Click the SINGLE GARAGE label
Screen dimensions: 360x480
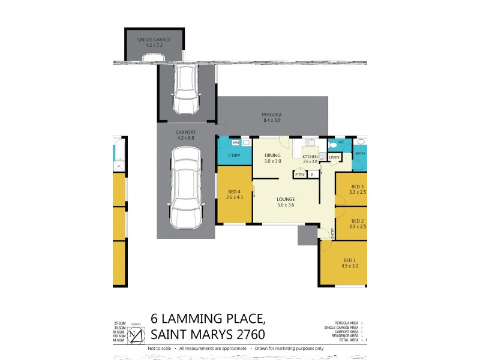click(x=154, y=40)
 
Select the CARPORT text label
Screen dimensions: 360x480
click(x=186, y=133)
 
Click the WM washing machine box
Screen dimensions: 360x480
click(x=235, y=143)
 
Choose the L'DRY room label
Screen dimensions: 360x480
click(x=235, y=156)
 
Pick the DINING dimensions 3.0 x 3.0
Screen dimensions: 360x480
click(x=273, y=161)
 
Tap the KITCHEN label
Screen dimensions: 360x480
click(x=310, y=156)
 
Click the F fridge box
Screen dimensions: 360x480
click(x=312, y=175)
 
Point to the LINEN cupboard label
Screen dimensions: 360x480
click(x=334, y=157)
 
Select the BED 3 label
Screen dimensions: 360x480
click(x=358, y=187)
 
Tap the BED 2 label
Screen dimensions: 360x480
click(x=358, y=220)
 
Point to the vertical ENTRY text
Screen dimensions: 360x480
click(x=332, y=233)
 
